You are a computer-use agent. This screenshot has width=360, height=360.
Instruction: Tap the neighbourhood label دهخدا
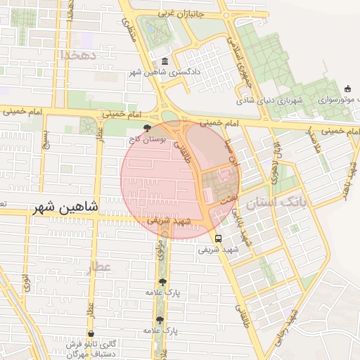pos(77,55)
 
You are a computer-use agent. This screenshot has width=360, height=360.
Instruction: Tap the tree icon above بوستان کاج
pos(146,128)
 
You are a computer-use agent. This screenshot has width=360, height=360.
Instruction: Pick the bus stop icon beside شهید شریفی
pos(218,238)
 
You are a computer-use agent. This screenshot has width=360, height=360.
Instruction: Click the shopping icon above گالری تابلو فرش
pos(91,333)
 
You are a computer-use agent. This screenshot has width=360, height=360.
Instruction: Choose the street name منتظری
pos(129,27)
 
